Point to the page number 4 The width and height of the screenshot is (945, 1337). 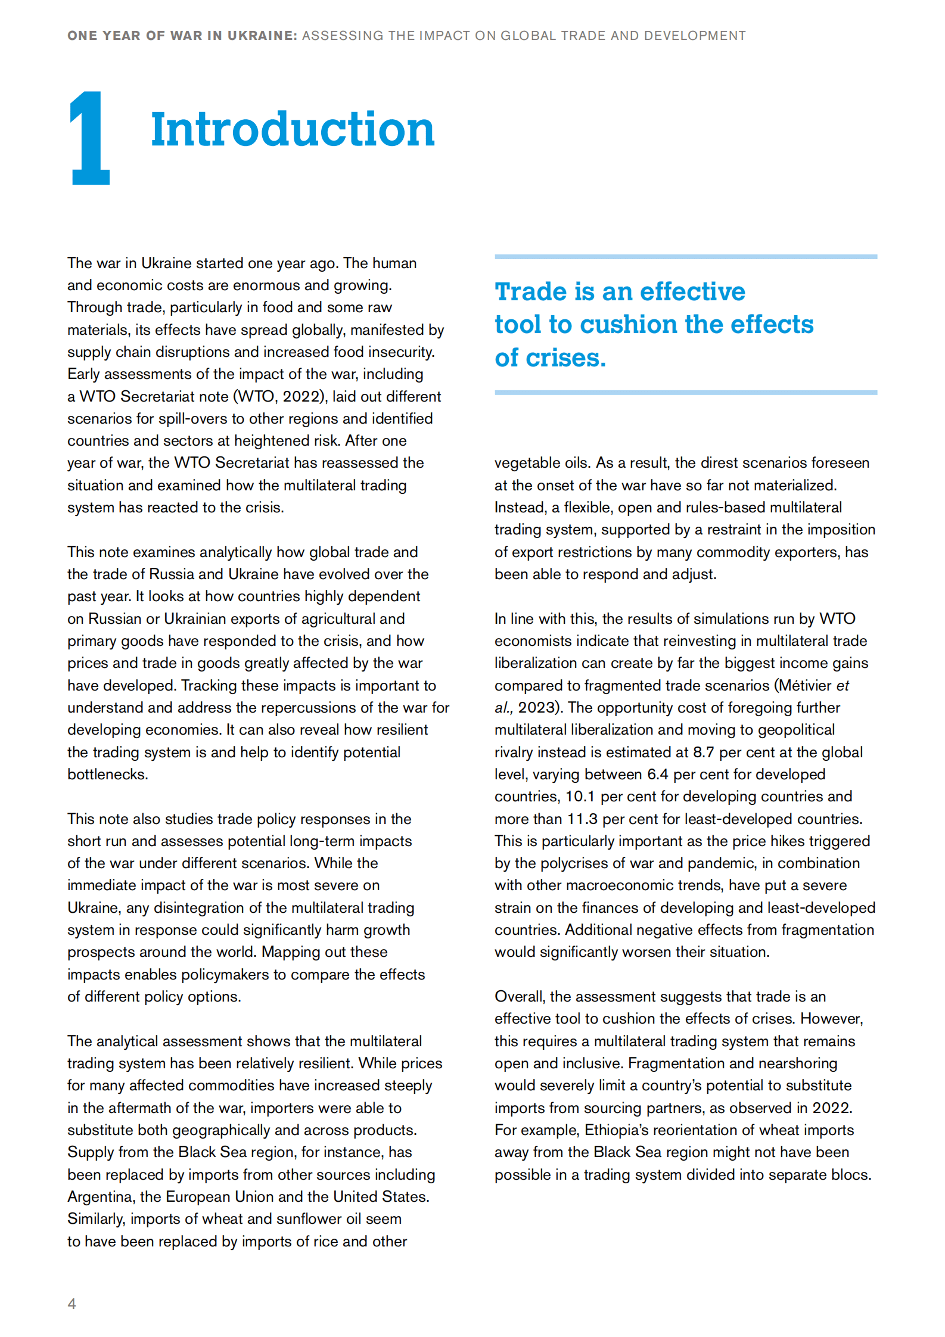point(72,1303)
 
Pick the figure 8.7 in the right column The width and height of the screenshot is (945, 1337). point(703,753)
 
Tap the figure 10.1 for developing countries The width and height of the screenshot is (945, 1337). point(580,797)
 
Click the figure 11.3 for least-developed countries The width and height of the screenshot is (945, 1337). point(582,819)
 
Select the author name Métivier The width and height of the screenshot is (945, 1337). point(805,686)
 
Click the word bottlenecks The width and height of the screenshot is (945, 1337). point(107,775)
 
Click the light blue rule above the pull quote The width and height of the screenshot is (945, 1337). point(685,257)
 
